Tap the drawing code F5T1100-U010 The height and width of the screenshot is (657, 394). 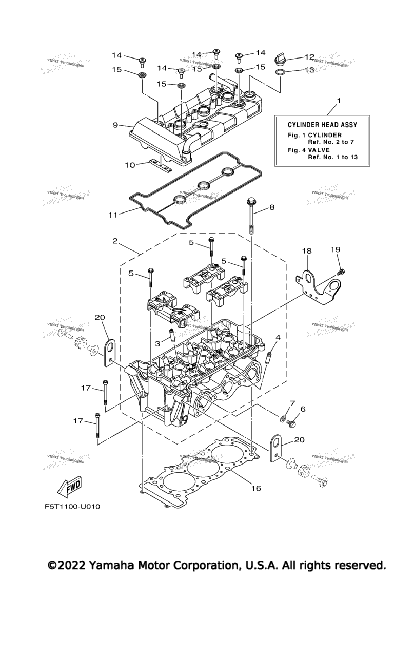tap(72, 507)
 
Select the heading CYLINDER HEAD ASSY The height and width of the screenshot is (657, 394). tap(322, 124)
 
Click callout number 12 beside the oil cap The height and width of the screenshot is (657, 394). tap(309, 57)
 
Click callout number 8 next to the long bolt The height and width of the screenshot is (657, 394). tap(272, 207)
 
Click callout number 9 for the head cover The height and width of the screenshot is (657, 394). tap(115, 125)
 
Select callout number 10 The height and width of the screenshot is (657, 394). tap(130, 165)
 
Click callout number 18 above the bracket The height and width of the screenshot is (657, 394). tap(306, 251)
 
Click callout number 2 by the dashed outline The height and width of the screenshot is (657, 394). tap(115, 241)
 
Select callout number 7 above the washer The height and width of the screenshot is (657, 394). tap(292, 403)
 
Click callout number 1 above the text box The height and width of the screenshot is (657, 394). tap(338, 101)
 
